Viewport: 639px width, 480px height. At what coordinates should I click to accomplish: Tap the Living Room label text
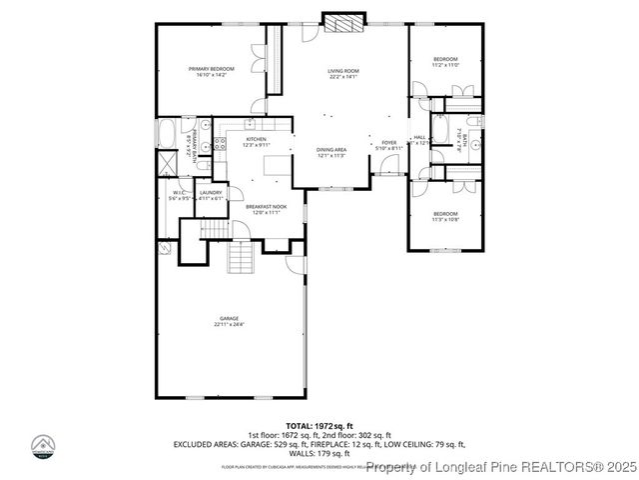[x=343, y=73]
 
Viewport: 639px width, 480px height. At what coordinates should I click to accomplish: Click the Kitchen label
[x=244, y=142]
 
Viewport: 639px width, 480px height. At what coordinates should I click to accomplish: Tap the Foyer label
[x=389, y=145]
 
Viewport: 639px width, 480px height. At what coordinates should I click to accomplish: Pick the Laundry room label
[x=210, y=195]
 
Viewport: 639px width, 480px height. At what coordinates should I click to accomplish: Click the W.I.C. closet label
[x=180, y=195]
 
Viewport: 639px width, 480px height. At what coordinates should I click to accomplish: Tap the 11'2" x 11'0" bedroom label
[x=445, y=62]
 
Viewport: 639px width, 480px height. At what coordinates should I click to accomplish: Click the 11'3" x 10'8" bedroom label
[x=445, y=216]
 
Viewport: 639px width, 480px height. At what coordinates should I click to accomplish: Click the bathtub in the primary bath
[x=167, y=132]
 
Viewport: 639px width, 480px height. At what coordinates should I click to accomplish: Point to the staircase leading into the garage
[x=241, y=259]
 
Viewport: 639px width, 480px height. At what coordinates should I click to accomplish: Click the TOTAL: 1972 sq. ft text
[x=319, y=425]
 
